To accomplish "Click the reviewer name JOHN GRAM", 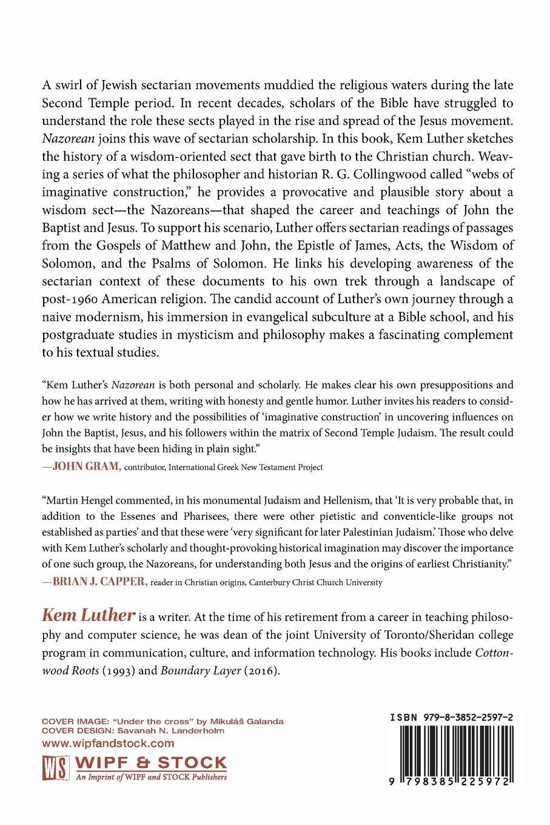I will click(x=87, y=466).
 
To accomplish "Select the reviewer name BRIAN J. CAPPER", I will click(x=100, y=582).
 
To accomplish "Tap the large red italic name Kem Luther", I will click(x=88, y=615).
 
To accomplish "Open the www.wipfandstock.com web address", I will click(x=108, y=742).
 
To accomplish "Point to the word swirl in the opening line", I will click(x=70, y=86).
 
